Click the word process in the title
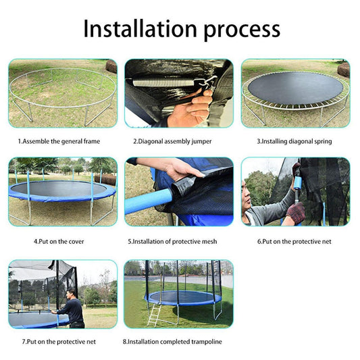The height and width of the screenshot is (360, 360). click(239, 30)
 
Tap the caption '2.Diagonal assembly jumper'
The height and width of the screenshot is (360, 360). click(178, 141)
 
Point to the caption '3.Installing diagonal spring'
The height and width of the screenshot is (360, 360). click(294, 141)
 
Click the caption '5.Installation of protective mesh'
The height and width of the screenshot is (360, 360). click(178, 240)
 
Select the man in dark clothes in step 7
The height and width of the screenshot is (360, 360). click(73, 309)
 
